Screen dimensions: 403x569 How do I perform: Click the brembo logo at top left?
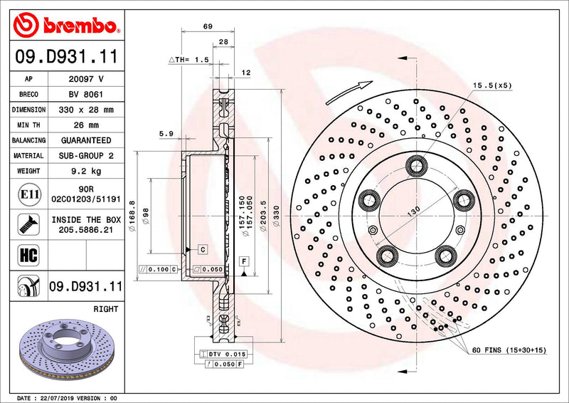[65, 26]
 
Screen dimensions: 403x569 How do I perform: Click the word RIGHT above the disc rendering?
[106, 310]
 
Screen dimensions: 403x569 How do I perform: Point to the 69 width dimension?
[208, 26]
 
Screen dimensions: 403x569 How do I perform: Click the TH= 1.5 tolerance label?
[190, 60]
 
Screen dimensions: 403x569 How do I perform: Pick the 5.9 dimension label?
[166, 133]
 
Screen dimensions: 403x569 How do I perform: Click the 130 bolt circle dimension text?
[412, 211]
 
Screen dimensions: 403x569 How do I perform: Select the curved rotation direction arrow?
[349, 93]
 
